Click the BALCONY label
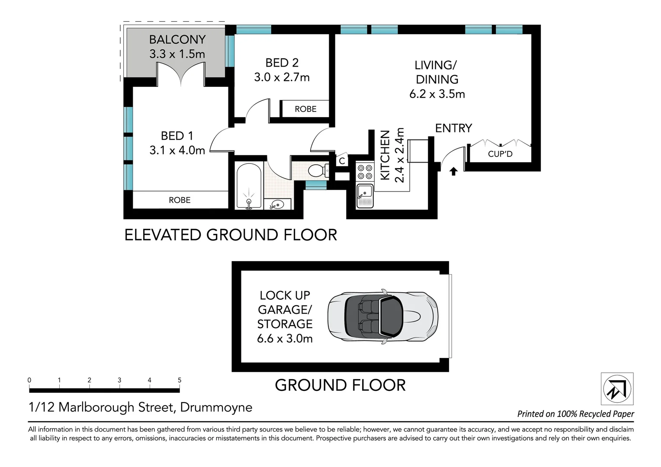click(177, 39)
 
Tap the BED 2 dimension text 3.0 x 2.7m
click(282, 77)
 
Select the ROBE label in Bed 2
click(305, 109)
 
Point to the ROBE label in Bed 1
click(180, 200)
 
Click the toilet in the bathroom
click(318, 170)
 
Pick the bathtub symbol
click(249, 186)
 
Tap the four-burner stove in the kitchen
click(365, 172)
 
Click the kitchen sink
click(365, 196)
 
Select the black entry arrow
click(453, 171)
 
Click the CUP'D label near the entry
click(500, 154)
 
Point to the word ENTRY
click(453, 128)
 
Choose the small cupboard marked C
click(342, 160)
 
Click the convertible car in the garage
click(383, 317)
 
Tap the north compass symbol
click(617, 389)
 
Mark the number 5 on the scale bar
click(180, 380)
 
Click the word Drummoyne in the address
click(216, 407)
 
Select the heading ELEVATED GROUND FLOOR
click(231, 235)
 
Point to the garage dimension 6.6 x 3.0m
click(285, 339)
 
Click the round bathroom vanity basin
click(277, 205)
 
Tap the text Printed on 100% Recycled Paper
click(575, 414)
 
